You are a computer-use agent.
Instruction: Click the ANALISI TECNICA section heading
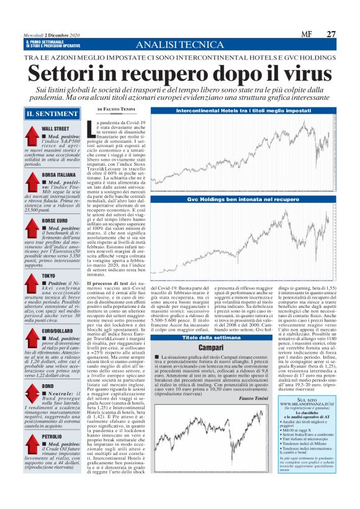pos(181,44)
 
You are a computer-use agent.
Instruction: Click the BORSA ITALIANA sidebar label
pos(58,175)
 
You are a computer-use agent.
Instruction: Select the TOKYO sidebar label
pos(48,275)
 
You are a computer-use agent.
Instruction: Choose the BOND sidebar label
pos(48,385)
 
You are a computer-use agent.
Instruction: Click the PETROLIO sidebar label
pos(52,436)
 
